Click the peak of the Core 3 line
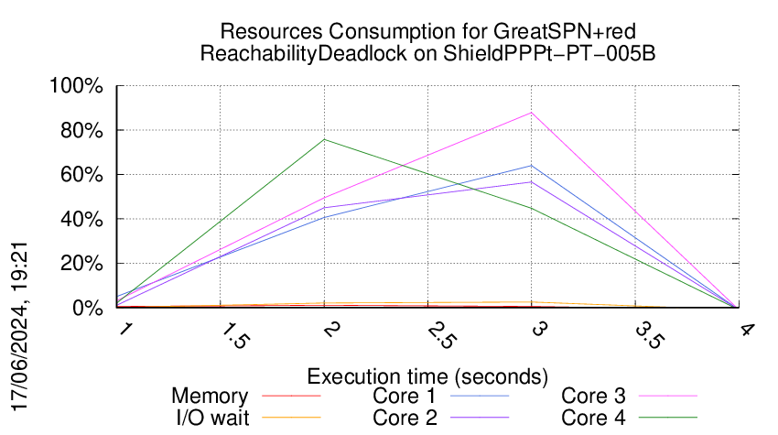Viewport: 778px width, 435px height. pos(532,113)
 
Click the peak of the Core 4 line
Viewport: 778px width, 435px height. pos(325,139)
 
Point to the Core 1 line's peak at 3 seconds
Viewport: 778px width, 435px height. pos(532,166)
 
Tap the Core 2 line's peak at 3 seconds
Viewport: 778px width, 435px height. pos(532,181)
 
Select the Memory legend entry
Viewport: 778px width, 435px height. pos(210,397)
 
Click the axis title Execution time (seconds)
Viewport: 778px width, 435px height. pos(427,376)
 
